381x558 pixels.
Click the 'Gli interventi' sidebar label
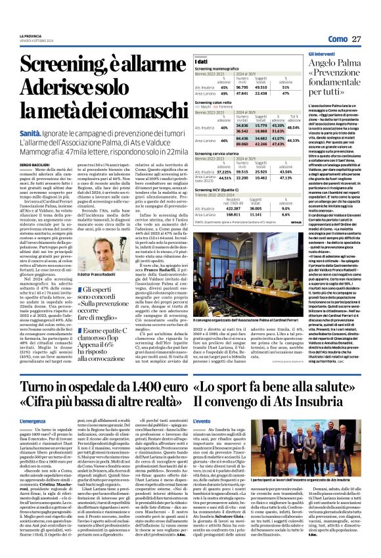[x=322, y=53]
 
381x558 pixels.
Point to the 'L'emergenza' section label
[x=33, y=421]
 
